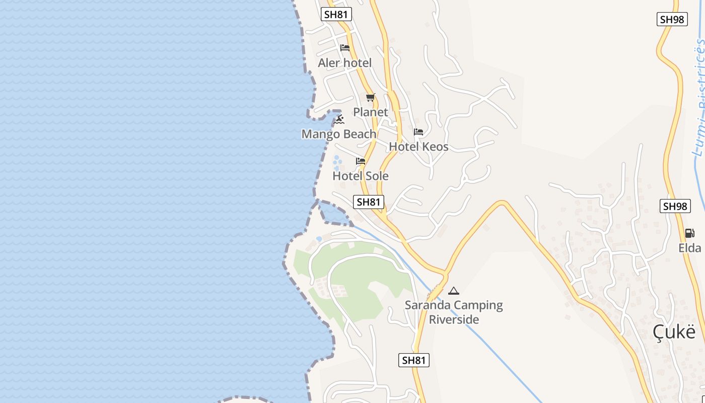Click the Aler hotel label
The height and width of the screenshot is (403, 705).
345,63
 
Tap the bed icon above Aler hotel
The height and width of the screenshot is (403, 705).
345,48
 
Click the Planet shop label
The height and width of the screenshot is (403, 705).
371,112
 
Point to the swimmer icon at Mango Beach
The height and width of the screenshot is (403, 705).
339,119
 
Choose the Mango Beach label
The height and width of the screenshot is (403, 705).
339,134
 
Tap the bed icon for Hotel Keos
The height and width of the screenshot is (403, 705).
418,132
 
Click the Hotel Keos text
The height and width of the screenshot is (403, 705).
418,147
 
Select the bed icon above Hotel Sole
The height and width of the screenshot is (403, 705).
361,161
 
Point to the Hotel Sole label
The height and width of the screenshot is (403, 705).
361,176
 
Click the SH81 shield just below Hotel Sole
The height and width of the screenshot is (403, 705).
369,202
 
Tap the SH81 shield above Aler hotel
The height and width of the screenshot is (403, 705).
336,14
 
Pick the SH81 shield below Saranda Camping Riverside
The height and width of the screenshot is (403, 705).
414,360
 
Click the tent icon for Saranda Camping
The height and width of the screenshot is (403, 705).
454,291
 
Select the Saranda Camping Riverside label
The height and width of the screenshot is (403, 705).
454,312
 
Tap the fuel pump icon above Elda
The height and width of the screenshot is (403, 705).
689,233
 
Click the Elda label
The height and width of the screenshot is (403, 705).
689,248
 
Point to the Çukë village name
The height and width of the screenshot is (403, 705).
674,332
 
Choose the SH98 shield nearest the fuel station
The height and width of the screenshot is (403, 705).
675,206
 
